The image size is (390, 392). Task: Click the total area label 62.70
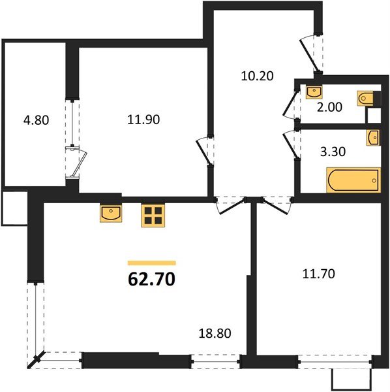click(x=151, y=281)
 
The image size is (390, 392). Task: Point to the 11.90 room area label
click(x=143, y=120)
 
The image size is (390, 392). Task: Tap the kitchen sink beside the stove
click(x=111, y=213)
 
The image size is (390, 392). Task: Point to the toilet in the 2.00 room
click(x=367, y=99)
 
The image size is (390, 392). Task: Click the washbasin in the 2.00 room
click(x=315, y=91)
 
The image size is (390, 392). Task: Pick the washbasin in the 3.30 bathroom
click(x=373, y=137)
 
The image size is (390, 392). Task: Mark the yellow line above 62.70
click(x=151, y=263)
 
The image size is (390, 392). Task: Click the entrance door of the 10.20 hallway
click(x=312, y=52)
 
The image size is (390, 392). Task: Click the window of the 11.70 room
click(x=331, y=359)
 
